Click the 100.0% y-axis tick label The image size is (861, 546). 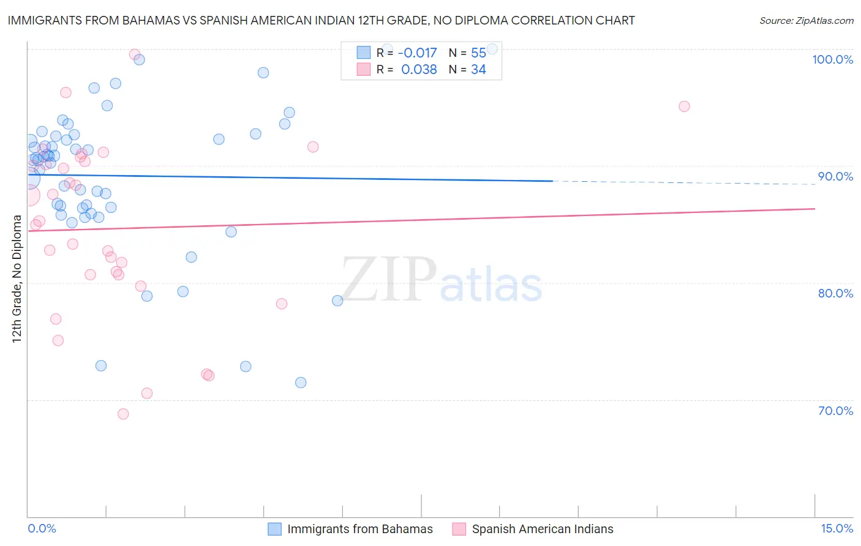coord(832,59)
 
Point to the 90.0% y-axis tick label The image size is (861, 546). coord(835,176)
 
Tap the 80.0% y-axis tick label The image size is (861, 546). coord(835,293)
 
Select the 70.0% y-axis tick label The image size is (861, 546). coord(835,411)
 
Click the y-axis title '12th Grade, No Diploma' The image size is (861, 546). coord(17,279)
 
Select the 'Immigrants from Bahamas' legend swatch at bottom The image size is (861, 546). coord(274,529)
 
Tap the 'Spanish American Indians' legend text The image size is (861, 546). coord(542,529)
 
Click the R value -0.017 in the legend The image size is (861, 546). coord(417,53)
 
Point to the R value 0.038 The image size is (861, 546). coord(419,70)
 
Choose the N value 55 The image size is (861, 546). coord(478,53)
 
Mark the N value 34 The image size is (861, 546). coord(478,70)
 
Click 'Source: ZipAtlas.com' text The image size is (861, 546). coord(806,21)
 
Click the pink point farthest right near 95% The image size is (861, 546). coord(684,107)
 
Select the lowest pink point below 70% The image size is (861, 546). coord(123,414)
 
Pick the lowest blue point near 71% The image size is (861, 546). coord(301,383)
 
